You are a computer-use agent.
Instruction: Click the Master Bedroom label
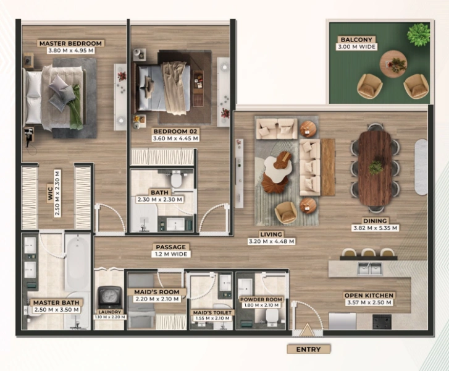point(70,44)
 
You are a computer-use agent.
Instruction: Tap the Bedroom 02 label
point(175,131)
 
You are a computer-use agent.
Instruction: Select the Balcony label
point(356,40)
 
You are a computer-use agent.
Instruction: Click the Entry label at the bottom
point(308,349)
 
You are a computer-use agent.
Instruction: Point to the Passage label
point(170,247)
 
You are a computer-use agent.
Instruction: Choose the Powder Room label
point(261,299)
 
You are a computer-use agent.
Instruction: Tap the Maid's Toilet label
point(212,313)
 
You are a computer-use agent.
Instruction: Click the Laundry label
point(109,312)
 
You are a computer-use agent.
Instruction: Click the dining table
point(376,167)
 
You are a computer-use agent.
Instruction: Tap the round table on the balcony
point(393,64)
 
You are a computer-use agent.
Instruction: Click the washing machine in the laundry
point(109,296)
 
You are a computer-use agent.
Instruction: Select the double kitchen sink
point(369,268)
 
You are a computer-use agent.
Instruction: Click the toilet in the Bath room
point(178,180)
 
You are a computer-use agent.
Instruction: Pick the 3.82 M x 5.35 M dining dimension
point(376,228)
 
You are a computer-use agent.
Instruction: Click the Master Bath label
point(54,302)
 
